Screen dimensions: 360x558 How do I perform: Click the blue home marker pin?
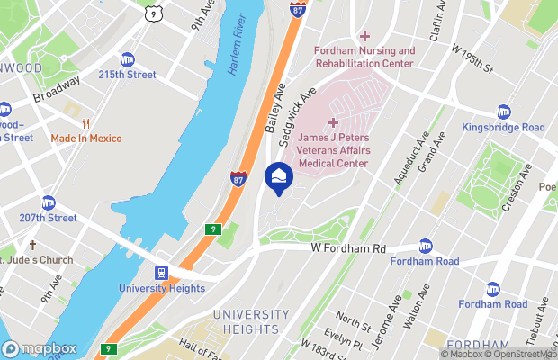coord(278,176)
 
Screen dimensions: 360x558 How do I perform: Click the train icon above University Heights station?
coord(161,272)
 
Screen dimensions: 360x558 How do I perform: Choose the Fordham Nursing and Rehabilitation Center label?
coord(364,58)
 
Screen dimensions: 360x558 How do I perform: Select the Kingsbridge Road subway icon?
coord(503,112)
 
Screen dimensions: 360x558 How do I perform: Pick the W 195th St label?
coord(473,62)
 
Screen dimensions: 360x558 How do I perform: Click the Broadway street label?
coord(56,92)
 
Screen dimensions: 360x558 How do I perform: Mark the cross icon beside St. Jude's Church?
coord(32,245)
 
